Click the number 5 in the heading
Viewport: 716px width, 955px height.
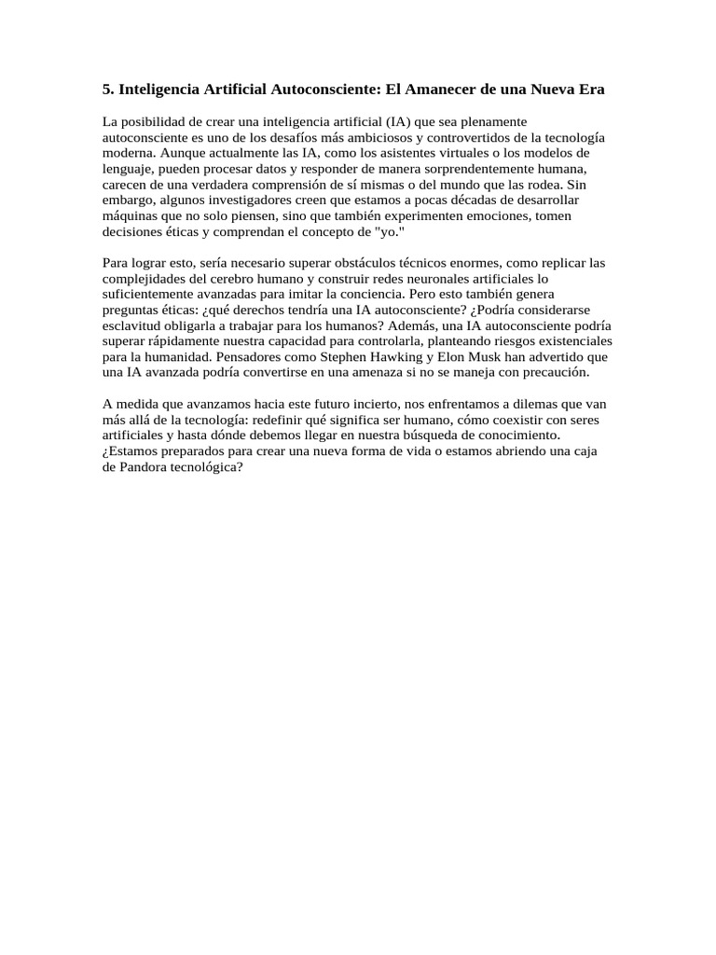point(106,90)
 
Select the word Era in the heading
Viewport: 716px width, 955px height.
point(591,90)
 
